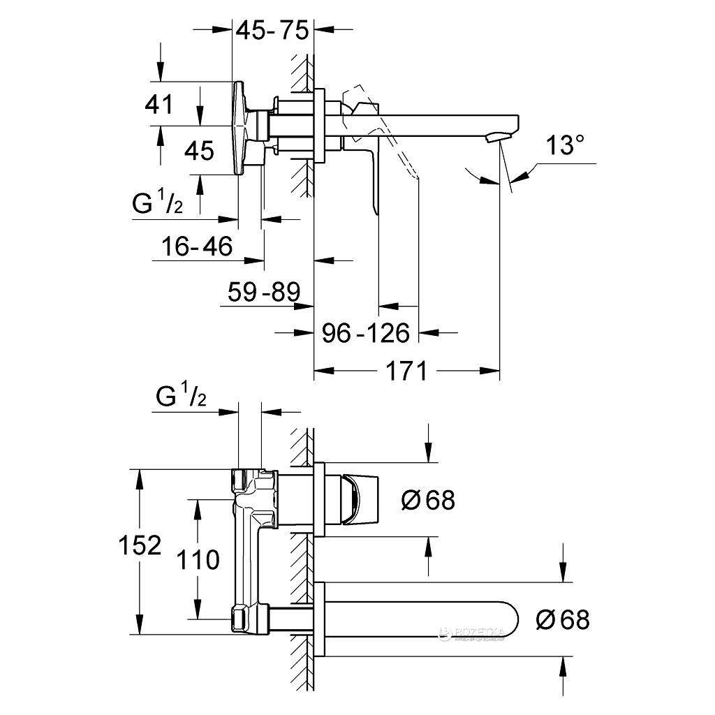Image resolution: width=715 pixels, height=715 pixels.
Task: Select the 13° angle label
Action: [565, 146]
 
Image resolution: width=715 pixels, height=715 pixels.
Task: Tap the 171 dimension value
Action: [406, 371]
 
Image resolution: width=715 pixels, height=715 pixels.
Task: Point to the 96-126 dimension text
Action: [365, 333]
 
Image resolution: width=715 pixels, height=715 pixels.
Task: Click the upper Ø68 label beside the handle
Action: [429, 499]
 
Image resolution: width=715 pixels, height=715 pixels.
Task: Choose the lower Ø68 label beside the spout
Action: [563, 619]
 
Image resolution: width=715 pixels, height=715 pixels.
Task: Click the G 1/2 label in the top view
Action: [158, 205]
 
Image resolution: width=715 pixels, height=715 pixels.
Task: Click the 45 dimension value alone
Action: [199, 150]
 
